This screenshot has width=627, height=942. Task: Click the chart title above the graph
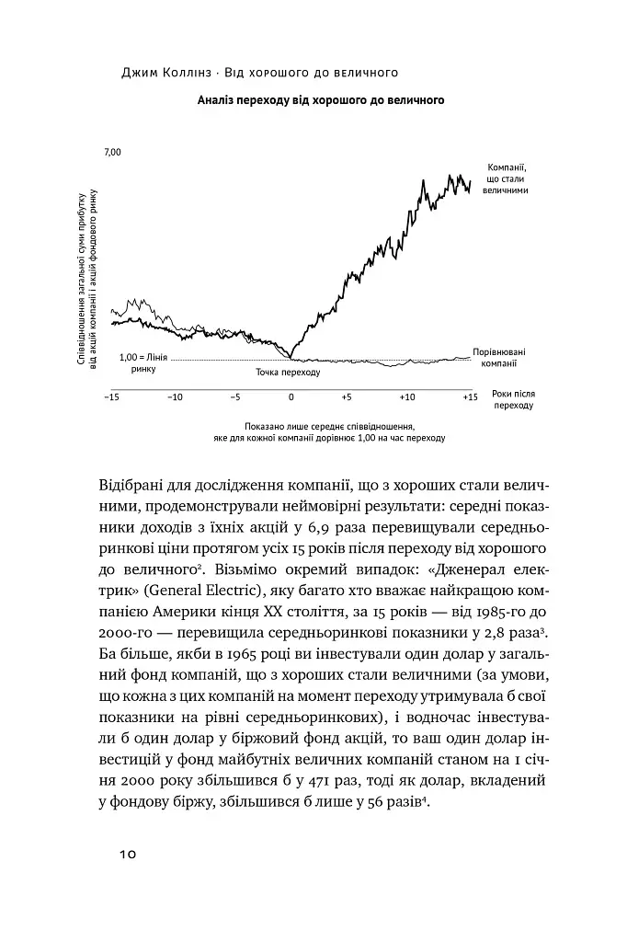coord(321,101)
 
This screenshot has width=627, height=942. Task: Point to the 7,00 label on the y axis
coord(112,151)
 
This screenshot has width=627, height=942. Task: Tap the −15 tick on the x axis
coord(112,397)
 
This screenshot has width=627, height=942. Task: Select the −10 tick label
coord(175,397)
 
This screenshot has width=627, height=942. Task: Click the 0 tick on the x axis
coord(291,397)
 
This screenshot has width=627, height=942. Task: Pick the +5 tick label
coord(347,397)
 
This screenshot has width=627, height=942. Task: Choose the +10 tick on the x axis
coord(407,397)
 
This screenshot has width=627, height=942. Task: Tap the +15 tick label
coord(470,397)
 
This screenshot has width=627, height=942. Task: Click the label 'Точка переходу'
coord(288,373)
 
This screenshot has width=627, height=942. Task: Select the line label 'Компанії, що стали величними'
coord(505,177)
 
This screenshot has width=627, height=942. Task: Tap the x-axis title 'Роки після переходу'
coord(513,399)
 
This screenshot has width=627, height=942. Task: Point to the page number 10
coord(127,855)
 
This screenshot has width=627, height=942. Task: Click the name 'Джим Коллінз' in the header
coord(168,70)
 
